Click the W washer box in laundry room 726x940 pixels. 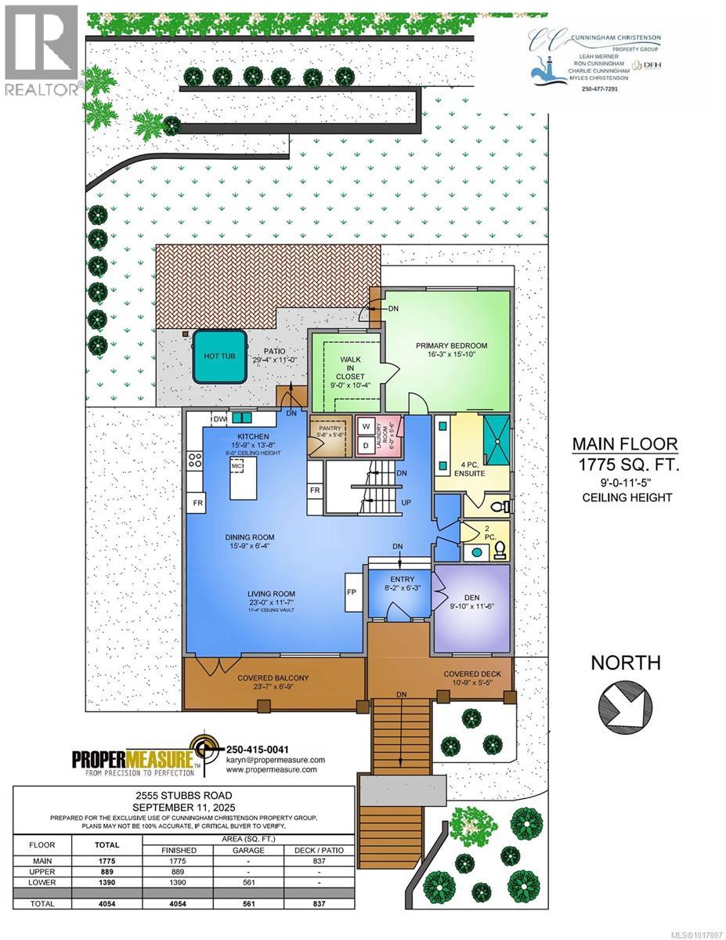366,427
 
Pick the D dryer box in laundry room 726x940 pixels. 366,446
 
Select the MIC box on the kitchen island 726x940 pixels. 237,466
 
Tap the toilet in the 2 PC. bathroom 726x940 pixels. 498,552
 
